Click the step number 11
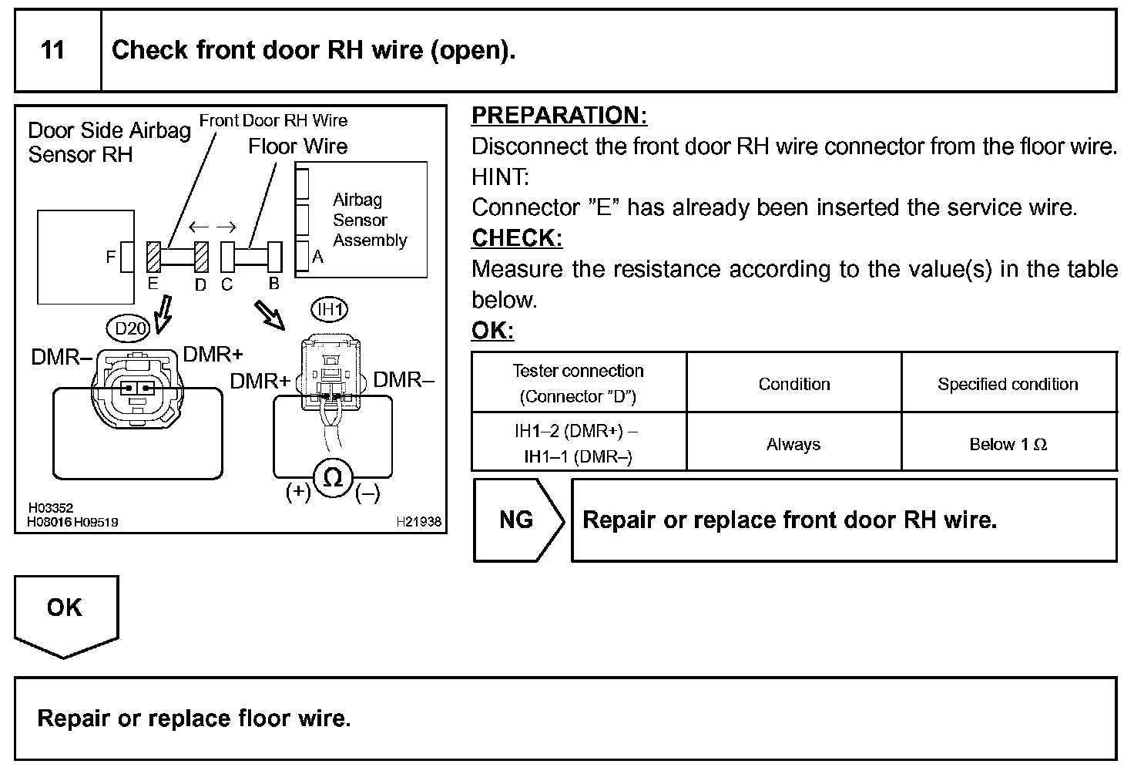point(52,50)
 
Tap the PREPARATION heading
point(559,115)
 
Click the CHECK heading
point(517,237)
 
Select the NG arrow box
point(519,520)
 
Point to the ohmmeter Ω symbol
point(333,477)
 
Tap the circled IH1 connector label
point(330,309)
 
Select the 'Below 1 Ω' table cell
point(1008,444)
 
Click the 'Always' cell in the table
point(793,444)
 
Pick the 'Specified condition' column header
point(1008,384)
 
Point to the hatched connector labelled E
point(153,257)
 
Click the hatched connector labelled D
point(201,257)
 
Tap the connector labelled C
point(227,257)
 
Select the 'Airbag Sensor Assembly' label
point(370,220)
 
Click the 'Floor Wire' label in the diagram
point(297,146)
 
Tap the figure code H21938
point(418,522)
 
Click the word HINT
point(500,177)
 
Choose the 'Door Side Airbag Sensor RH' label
point(109,143)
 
